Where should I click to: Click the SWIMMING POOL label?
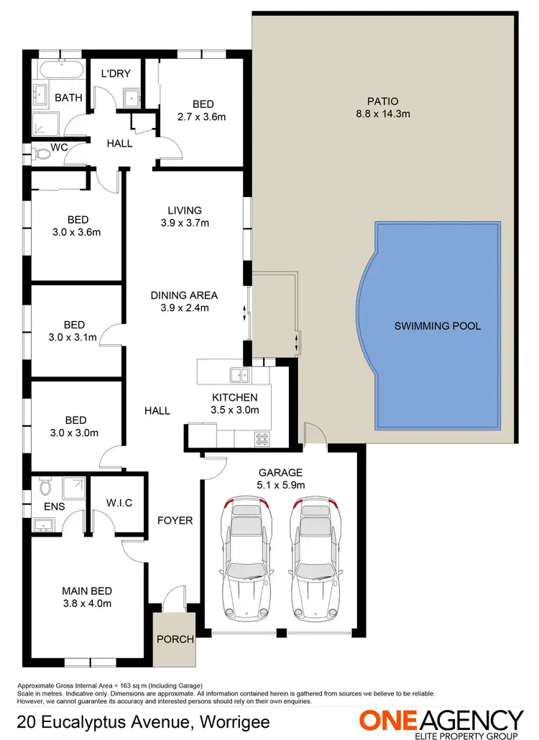pyautogui.click(x=437, y=326)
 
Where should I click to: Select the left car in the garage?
pyautogui.click(x=247, y=560)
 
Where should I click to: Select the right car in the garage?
pyautogui.click(x=314, y=560)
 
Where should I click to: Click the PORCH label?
pyautogui.click(x=175, y=639)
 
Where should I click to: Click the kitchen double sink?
pyautogui.click(x=239, y=374)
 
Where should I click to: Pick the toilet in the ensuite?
pyautogui.click(x=45, y=489)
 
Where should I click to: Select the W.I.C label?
pyautogui.click(x=119, y=502)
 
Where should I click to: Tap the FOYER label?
pyautogui.click(x=175, y=519)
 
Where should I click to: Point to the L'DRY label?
pyautogui.click(x=114, y=73)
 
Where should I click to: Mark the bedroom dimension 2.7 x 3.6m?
pyautogui.click(x=201, y=116)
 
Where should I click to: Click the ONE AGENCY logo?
pyautogui.click(x=441, y=721)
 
